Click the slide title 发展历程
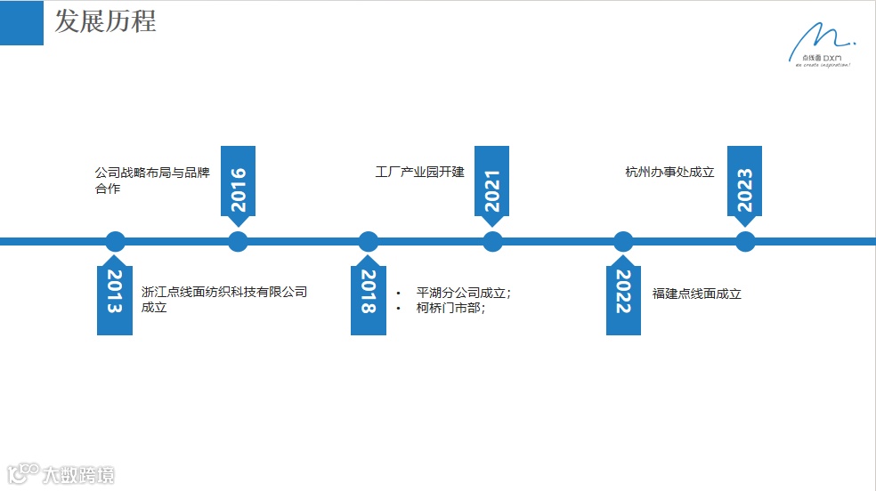click(105, 21)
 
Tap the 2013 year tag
click(114, 291)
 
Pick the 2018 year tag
click(368, 291)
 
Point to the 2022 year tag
click(623, 291)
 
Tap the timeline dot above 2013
click(115, 241)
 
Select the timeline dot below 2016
click(238, 241)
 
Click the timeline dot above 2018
click(369, 241)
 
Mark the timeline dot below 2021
click(492, 241)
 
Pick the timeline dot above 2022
click(623, 241)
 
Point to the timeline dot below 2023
click(745, 241)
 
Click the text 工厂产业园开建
click(419, 172)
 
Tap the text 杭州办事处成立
click(669, 172)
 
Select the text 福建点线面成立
click(696, 293)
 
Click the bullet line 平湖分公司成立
click(464, 293)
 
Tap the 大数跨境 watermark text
click(78, 475)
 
